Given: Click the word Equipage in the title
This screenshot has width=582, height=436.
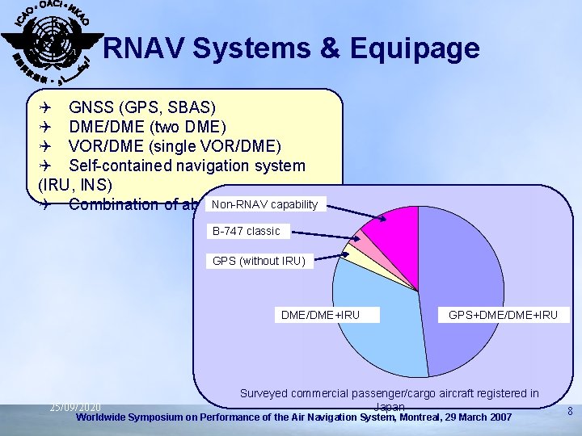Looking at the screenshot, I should click(x=415, y=50).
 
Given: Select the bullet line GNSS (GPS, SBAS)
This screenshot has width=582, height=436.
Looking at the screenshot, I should click(x=142, y=107).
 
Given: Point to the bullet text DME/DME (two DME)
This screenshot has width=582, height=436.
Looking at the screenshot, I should click(x=147, y=127).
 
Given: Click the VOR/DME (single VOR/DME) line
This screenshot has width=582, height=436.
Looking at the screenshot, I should click(x=175, y=146).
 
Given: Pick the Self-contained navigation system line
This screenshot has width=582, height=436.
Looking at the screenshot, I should click(x=187, y=166).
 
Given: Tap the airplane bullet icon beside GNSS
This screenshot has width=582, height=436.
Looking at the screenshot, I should click(x=47, y=107).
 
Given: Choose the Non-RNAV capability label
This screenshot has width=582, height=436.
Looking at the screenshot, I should click(x=265, y=204).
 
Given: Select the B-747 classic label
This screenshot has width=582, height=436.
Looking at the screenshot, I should click(x=246, y=231).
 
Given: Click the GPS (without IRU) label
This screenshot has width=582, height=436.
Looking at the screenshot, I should click(x=259, y=261).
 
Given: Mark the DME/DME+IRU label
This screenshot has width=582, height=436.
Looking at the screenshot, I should click(x=320, y=314).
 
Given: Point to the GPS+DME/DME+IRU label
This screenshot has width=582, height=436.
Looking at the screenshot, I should click(x=503, y=314).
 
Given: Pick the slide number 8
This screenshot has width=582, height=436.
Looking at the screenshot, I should click(x=570, y=412).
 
